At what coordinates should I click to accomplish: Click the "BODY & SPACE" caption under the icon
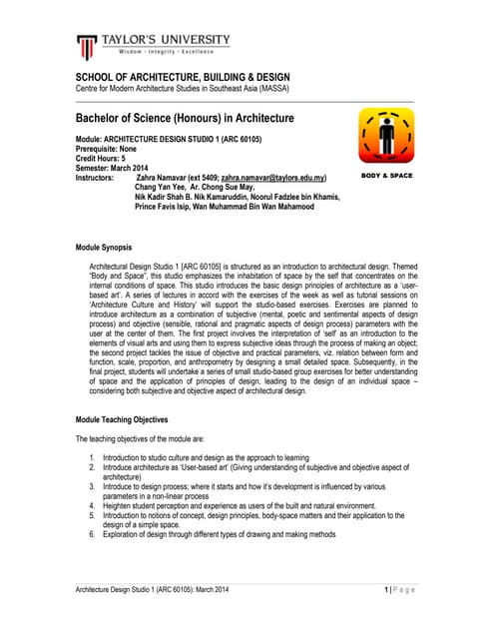point(386,176)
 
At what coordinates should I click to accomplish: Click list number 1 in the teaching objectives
point(92,456)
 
